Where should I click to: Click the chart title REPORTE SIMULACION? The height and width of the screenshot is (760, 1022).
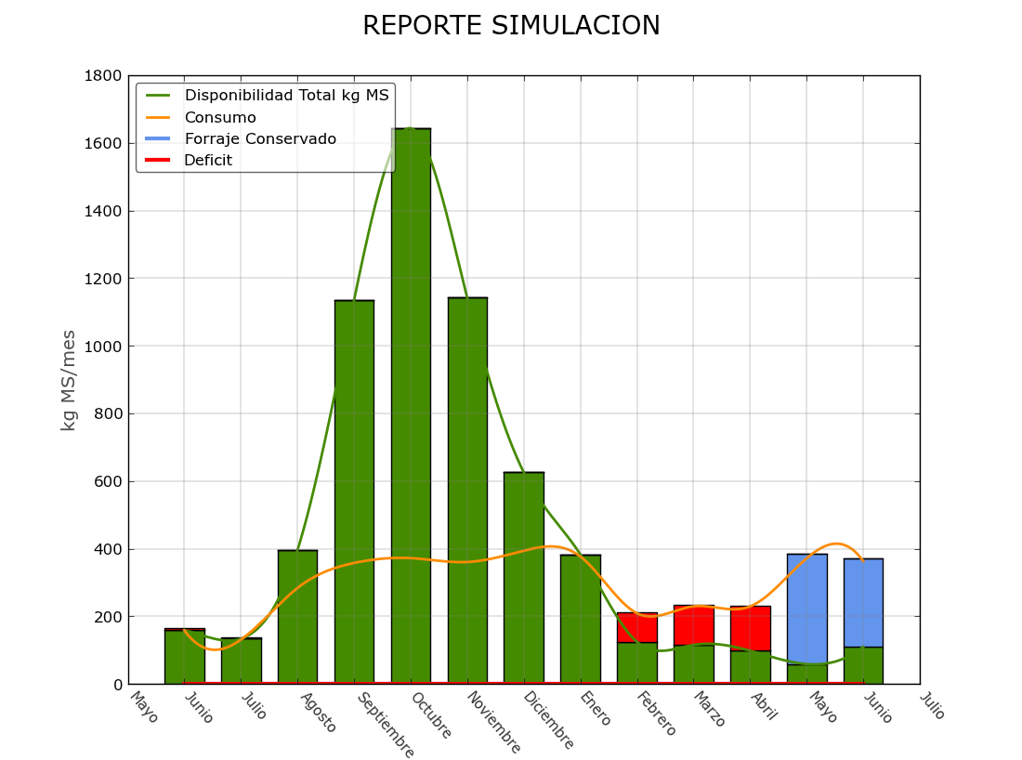click(511, 26)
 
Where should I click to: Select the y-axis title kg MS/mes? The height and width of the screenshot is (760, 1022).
click(69, 380)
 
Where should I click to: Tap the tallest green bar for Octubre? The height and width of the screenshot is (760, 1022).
click(411, 409)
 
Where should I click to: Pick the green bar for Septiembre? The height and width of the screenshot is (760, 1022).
click(354, 492)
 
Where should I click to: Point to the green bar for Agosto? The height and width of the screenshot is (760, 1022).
click(297, 617)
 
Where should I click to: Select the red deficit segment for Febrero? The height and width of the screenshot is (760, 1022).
click(637, 628)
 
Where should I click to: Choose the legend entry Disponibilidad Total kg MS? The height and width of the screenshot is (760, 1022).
click(287, 96)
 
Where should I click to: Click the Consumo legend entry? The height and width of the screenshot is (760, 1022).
click(220, 118)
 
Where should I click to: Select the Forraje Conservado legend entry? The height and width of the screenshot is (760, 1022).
click(260, 139)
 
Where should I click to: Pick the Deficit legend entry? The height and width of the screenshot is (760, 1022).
click(208, 161)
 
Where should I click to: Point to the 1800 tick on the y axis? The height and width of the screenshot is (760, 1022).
click(104, 76)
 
